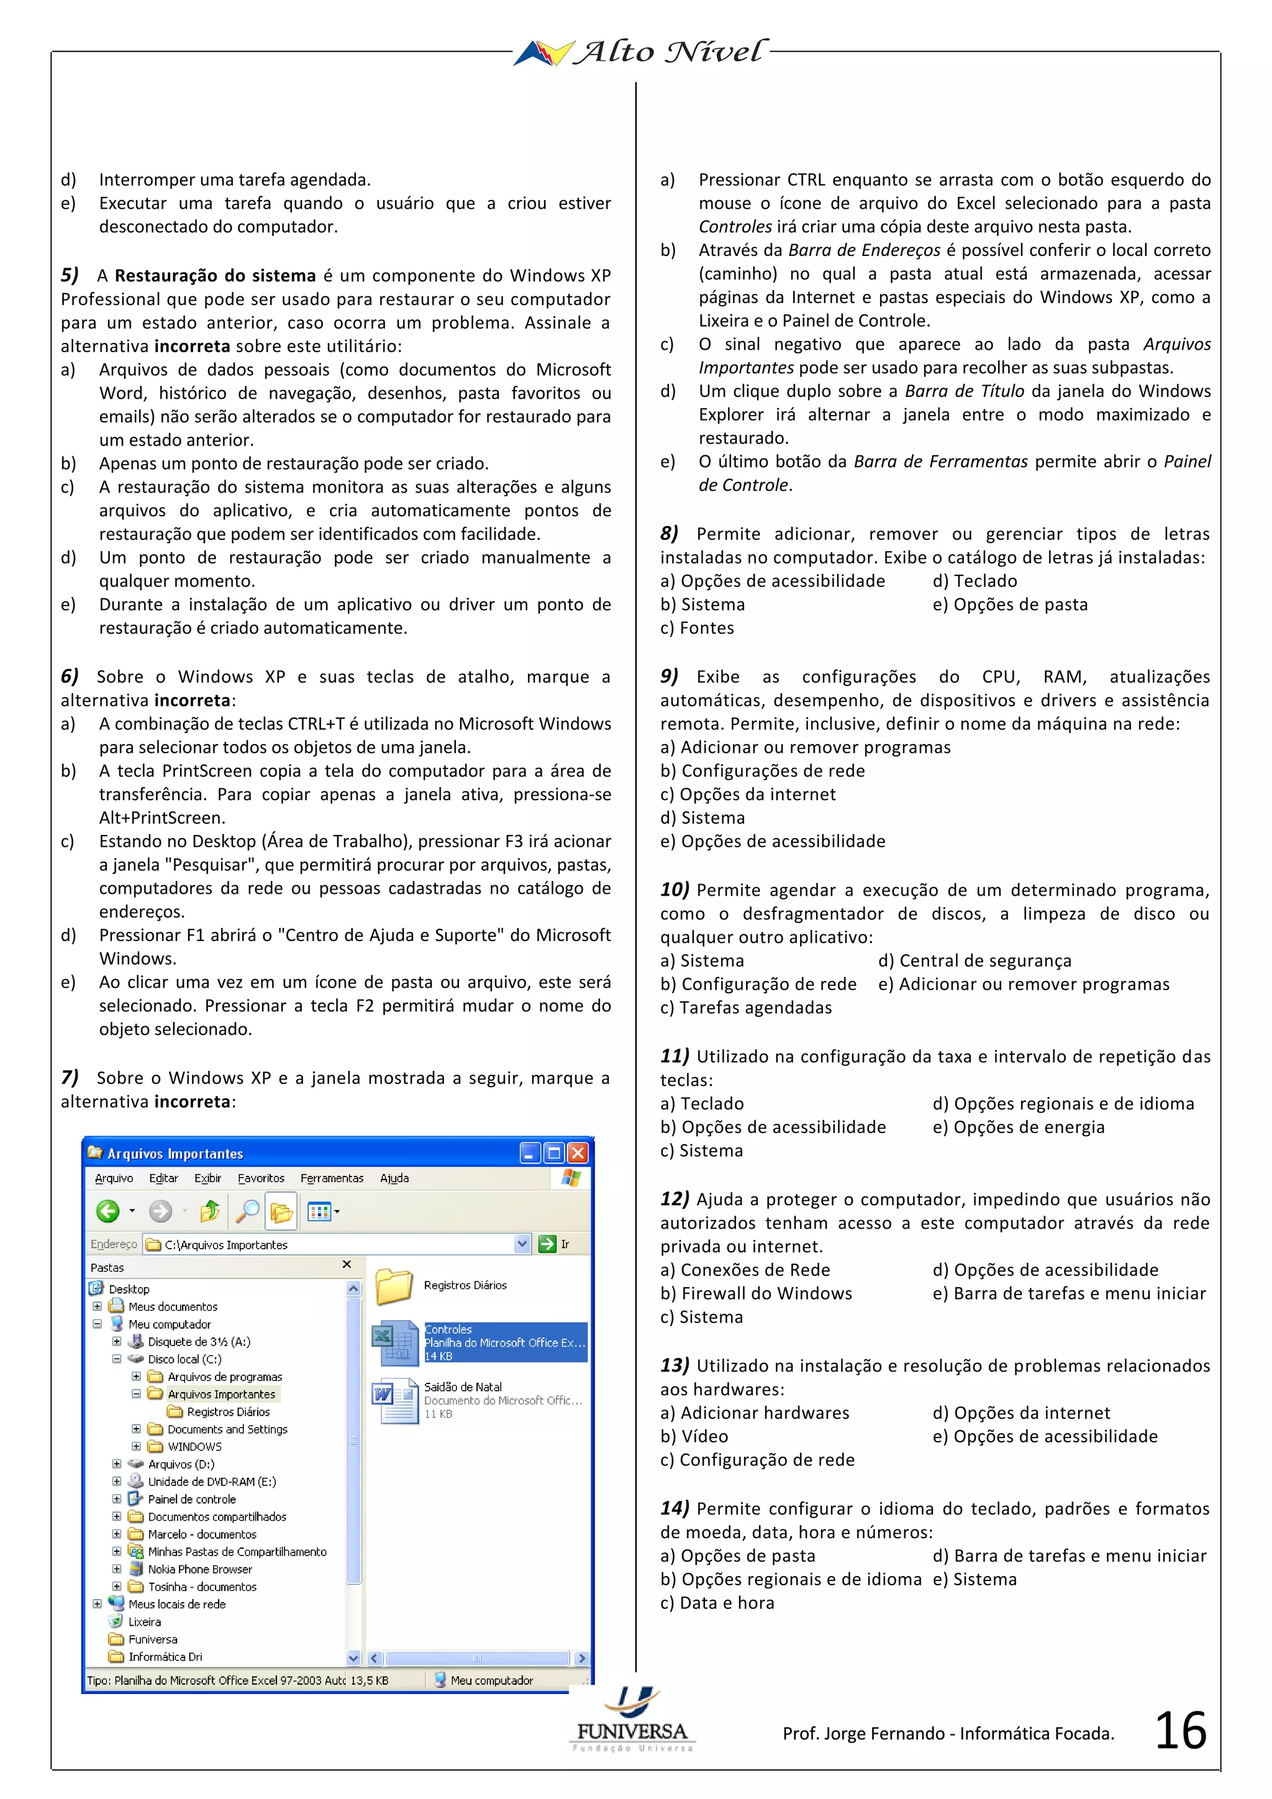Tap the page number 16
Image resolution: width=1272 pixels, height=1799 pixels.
coord(1180,1731)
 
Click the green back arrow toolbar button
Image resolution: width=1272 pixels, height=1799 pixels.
coord(108,1211)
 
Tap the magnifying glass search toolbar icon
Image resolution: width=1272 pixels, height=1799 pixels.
coord(248,1211)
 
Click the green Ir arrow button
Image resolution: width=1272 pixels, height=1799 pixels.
coord(547,1244)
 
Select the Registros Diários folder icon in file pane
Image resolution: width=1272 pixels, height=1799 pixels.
coord(394,1286)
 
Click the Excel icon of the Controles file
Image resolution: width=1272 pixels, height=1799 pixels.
coord(396,1342)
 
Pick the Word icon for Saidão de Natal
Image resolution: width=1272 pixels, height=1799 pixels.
coord(396,1400)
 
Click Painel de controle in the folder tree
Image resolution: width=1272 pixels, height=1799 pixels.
coord(191,1499)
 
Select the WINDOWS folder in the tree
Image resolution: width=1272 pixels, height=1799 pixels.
coord(194,1446)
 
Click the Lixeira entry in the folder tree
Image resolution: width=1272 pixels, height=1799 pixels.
coord(144,1622)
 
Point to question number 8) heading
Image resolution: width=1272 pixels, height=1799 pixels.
coord(669,534)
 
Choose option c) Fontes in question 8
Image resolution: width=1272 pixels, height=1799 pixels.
coord(697,629)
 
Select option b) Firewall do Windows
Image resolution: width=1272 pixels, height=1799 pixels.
coord(756,1293)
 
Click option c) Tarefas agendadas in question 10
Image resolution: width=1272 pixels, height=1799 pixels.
coord(746,1008)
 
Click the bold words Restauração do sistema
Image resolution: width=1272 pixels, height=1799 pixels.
coord(215,276)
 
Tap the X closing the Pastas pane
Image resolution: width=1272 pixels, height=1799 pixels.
coord(347,1265)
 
